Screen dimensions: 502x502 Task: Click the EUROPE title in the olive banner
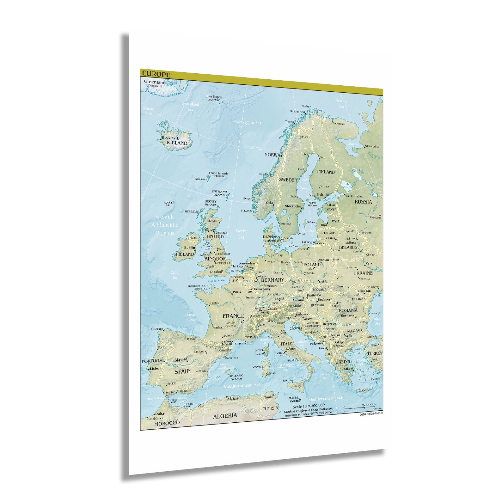tap(156, 74)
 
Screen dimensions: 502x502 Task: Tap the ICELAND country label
tap(177, 143)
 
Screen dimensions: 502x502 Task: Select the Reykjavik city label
tap(170, 138)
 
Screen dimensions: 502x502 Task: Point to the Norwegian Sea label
tap(248, 122)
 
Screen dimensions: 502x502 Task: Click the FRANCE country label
tap(233, 316)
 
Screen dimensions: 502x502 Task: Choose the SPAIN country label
tap(182, 371)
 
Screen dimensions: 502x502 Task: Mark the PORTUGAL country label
tap(153, 361)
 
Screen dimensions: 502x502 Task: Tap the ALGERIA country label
tap(225, 416)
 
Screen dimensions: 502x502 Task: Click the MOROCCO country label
tap(167, 423)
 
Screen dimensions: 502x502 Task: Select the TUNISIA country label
tap(270, 408)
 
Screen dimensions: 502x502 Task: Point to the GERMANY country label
tap(272, 280)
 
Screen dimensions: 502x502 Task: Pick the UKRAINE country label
tap(363, 273)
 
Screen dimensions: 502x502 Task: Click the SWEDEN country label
tap(288, 180)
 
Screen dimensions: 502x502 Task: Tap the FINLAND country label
tap(326, 172)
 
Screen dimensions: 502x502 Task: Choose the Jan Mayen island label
tap(214, 97)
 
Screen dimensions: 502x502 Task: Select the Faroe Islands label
tap(218, 173)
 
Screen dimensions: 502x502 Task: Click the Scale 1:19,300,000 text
tap(309, 406)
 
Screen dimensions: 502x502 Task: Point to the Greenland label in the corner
tap(155, 82)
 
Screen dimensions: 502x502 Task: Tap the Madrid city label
tap(181, 359)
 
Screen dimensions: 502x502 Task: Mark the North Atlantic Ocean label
tap(165, 225)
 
